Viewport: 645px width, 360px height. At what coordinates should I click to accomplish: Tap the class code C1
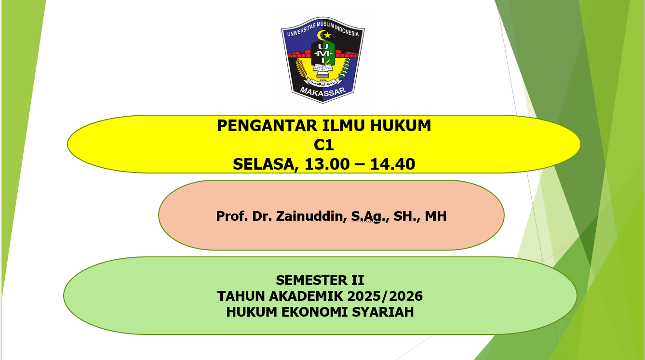[x=323, y=145]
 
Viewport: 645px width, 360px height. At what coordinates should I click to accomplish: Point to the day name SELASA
[x=261, y=164]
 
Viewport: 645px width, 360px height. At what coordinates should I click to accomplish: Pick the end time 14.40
[x=392, y=164]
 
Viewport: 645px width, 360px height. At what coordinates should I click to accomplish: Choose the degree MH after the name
[x=436, y=216]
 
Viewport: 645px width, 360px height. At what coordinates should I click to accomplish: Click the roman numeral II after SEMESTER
[x=356, y=280]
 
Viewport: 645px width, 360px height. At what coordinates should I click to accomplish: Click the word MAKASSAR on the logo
[x=322, y=92]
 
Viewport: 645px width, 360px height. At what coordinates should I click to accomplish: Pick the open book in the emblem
[x=323, y=68]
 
